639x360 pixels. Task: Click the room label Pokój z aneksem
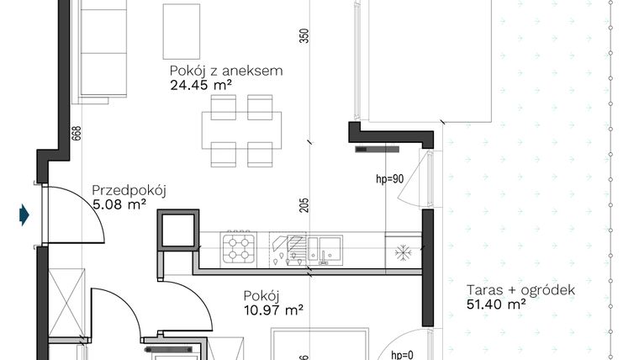(226, 71)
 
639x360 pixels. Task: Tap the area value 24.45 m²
(200, 84)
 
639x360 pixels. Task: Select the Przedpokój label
(129, 190)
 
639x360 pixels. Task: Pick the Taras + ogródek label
(520, 291)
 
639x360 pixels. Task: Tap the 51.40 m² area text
(496, 304)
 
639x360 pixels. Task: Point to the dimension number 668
(76, 132)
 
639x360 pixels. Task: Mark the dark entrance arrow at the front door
(24, 215)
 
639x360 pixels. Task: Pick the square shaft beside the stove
(177, 230)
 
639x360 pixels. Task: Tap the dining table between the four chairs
(241, 130)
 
